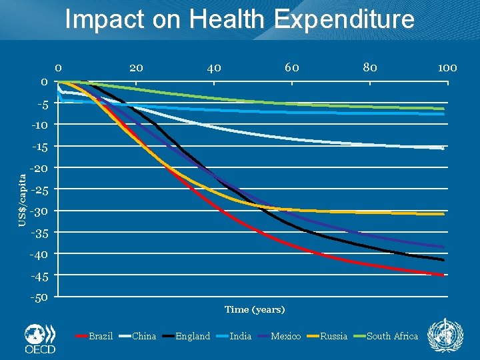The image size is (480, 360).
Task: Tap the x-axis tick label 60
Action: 292,67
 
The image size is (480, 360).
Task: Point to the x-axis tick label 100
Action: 447,67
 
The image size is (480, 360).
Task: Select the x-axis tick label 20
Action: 136,67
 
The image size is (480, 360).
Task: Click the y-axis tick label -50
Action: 39,297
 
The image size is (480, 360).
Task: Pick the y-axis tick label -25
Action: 39,189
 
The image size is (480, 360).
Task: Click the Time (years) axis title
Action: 255,309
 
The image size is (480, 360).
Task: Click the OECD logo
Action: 39,339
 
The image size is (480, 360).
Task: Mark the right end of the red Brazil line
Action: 443,275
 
